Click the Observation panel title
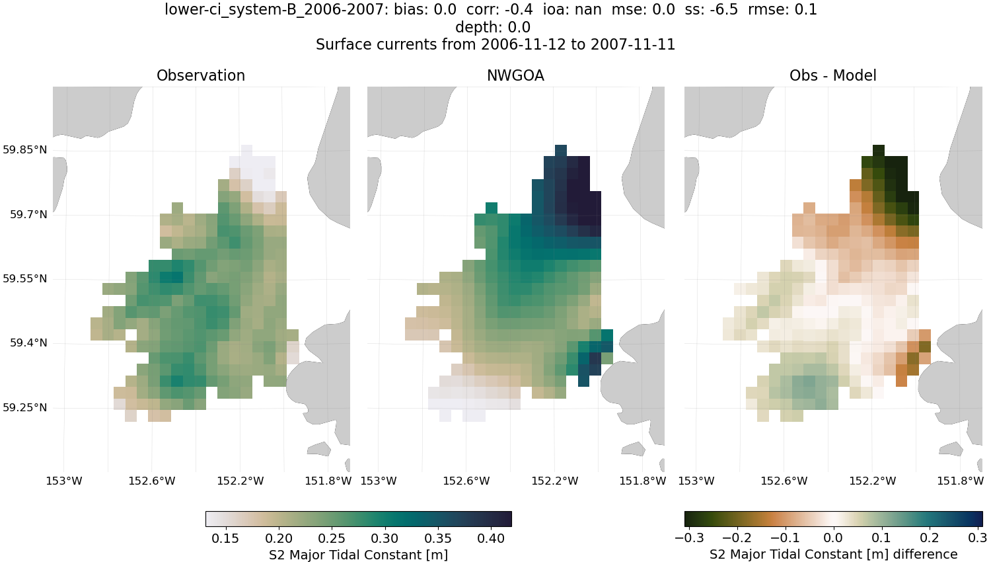click(201, 75)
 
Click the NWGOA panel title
click(515, 75)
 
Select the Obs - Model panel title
click(832, 75)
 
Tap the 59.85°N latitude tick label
click(25, 150)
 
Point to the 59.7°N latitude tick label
click(28, 214)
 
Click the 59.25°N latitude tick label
click(25, 407)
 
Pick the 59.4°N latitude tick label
click(28, 342)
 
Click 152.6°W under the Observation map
click(152, 481)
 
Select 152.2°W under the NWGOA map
click(554, 481)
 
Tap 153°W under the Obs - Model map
click(696, 481)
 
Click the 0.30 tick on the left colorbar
click(385, 538)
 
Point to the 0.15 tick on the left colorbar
click(225, 538)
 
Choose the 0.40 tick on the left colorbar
click(491, 538)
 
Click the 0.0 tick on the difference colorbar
click(833, 538)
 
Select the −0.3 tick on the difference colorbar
click(688, 538)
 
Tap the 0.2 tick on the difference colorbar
click(930, 538)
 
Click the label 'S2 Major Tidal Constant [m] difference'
click(833, 554)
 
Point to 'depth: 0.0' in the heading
click(493, 27)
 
